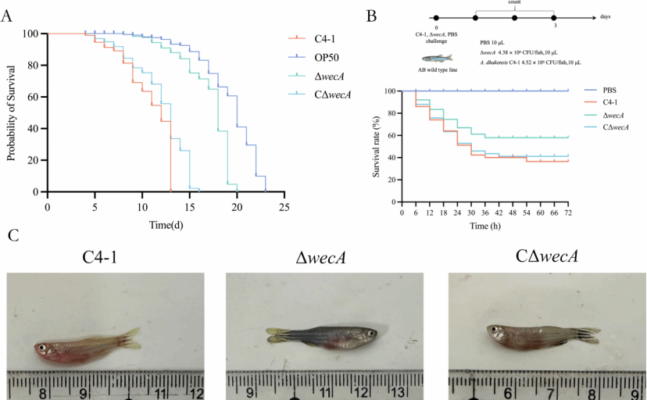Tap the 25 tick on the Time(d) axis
coord(284,209)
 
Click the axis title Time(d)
coord(166,224)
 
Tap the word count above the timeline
coord(514,3)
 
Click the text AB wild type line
coord(437,70)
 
